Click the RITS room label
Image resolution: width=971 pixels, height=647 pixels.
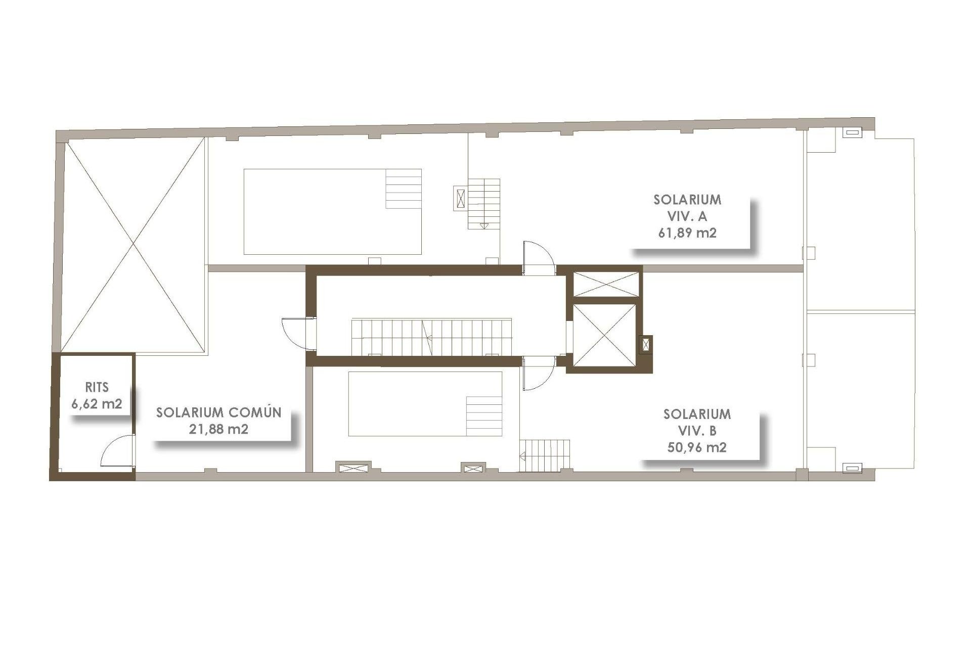pyautogui.click(x=97, y=387)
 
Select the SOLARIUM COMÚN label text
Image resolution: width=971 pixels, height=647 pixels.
pyautogui.click(x=218, y=412)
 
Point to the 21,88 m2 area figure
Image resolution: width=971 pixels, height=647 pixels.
pyautogui.click(x=218, y=429)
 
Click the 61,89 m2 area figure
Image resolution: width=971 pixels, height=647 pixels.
pyautogui.click(x=687, y=233)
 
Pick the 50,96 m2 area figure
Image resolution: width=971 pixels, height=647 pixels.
pyautogui.click(x=697, y=447)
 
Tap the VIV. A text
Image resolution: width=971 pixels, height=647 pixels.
pyautogui.click(x=687, y=216)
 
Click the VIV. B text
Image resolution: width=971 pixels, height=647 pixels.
pyautogui.click(x=697, y=431)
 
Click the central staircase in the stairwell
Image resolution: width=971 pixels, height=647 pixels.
pyautogui.click(x=431, y=336)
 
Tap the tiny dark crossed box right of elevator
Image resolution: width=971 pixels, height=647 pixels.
pyautogui.click(x=646, y=345)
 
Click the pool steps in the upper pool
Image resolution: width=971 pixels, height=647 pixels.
pyautogui.click(x=404, y=189)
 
